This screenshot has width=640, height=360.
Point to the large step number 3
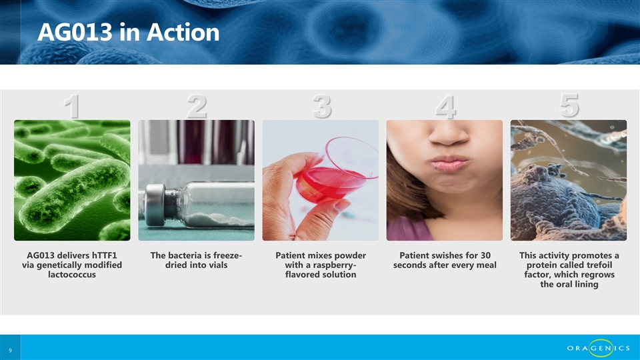[x=321, y=107]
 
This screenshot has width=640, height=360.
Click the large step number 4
[x=445, y=107]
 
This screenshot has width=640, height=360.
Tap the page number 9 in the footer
[x=11, y=350]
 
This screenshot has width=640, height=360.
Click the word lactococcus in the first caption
[x=72, y=275]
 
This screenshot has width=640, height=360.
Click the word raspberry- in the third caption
[x=331, y=265]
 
